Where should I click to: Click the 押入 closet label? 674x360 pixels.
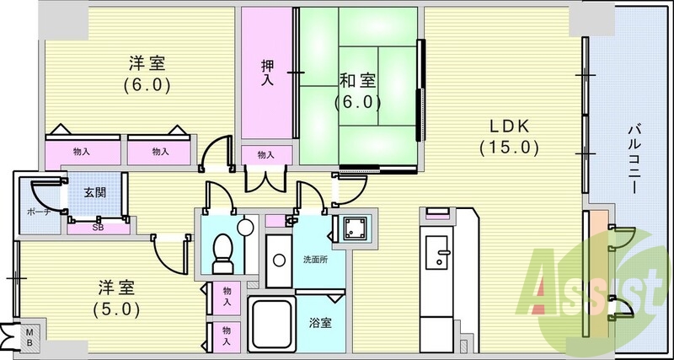266,73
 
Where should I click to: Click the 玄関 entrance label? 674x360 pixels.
94,192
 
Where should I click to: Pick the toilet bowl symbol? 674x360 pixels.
223,250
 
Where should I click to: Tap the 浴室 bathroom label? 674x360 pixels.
321,322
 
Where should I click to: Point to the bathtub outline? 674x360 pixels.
270,324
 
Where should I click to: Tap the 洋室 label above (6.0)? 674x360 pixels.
147,63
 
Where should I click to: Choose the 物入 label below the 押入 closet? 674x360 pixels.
265,155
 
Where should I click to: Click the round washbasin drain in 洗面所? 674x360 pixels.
244,226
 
